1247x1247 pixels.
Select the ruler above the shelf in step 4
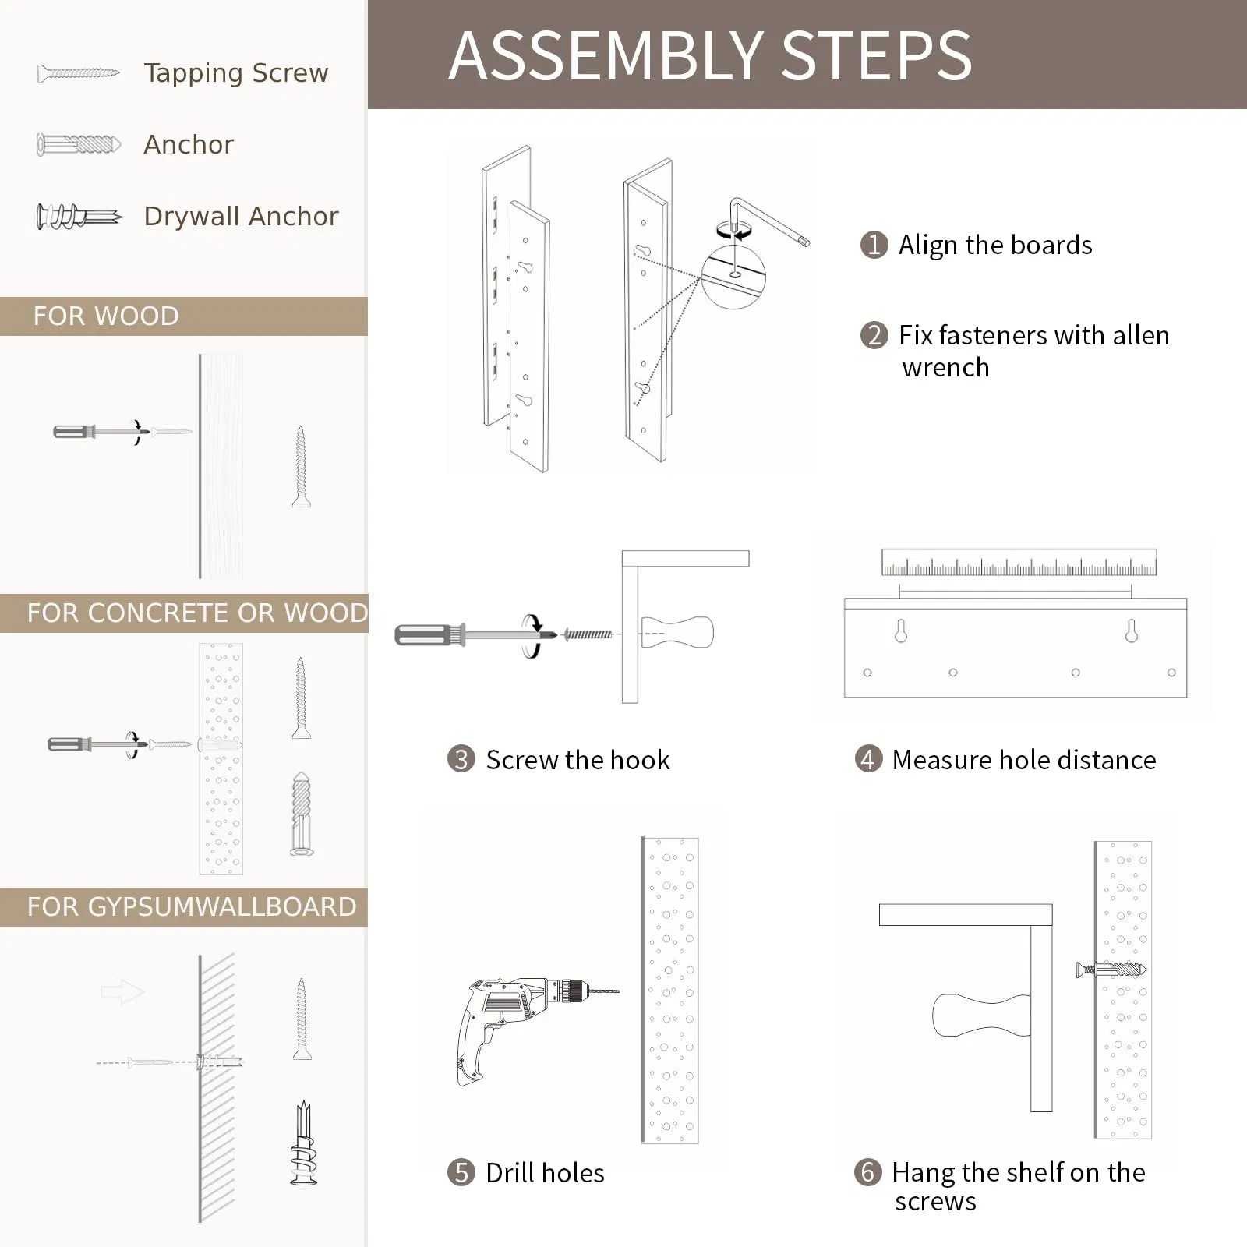point(1019,562)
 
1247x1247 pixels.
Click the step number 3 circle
point(461,759)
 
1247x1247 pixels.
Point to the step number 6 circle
point(867,1171)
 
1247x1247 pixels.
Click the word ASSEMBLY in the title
point(605,56)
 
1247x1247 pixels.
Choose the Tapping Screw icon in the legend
point(78,73)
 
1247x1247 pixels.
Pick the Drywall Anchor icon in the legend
point(78,216)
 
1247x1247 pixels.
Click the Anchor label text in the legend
point(189,145)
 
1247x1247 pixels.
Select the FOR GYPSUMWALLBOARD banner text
point(191,907)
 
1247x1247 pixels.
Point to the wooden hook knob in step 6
point(980,1015)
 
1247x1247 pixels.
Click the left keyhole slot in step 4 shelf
point(901,631)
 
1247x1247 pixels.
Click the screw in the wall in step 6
point(1110,970)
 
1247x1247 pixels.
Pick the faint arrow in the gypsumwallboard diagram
point(122,992)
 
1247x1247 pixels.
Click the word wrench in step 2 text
point(945,367)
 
